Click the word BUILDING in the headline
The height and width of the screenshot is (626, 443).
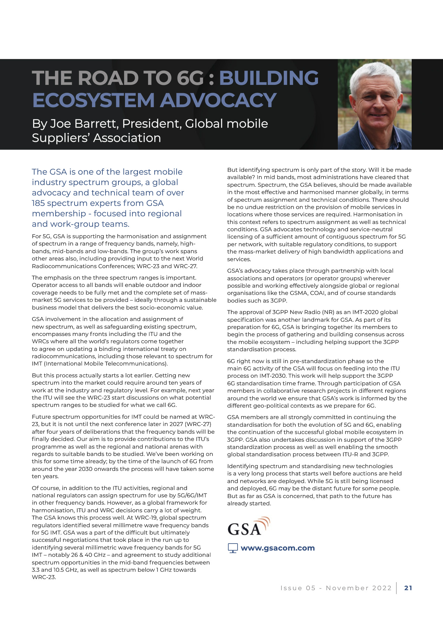click(x=269, y=78)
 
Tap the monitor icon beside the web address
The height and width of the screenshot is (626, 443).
click(x=233, y=548)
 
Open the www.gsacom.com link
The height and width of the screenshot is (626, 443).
click(x=278, y=548)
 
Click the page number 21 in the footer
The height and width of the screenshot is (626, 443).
click(x=408, y=588)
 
